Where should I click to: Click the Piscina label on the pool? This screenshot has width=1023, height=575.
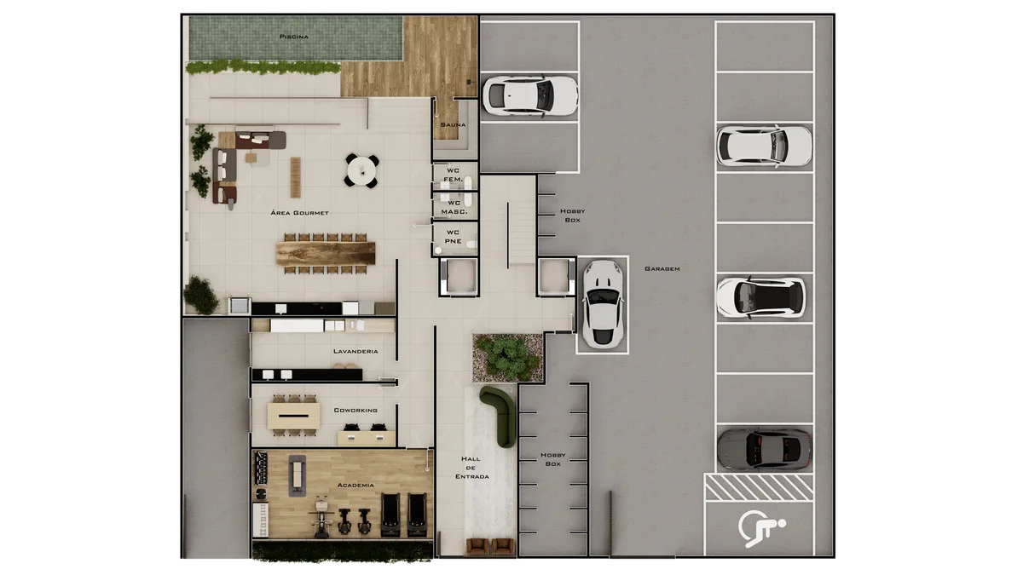tap(293, 37)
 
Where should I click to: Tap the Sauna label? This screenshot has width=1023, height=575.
tap(453, 124)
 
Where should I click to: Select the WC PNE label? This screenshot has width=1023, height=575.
tap(453, 237)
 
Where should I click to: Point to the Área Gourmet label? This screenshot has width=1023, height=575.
tap(299, 213)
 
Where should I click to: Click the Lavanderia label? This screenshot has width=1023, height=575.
tap(355, 351)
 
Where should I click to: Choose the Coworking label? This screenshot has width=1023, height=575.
tap(355, 411)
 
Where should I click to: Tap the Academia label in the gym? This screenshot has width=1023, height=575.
tap(355, 485)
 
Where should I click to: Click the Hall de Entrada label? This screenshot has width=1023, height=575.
tap(471, 468)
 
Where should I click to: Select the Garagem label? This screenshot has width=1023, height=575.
tap(662, 269)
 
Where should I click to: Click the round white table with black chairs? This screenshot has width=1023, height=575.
tap(361, 170)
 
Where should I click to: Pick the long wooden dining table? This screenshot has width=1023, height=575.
tap(325, 254)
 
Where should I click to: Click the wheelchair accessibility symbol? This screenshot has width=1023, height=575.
tap(761, 528)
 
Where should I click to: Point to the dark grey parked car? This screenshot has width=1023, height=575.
tap(764, 450)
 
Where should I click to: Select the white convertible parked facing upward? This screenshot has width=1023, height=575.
tap(603, 304)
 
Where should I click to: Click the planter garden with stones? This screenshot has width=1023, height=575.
tap(507, 357)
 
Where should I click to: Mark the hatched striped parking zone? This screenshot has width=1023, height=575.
tap(759, 487)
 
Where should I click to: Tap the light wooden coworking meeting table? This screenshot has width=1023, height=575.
tap(293, 416)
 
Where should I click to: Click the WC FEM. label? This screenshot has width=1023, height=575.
tap(453, 175)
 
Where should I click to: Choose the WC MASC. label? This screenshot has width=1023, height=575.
tap(454, 207)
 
